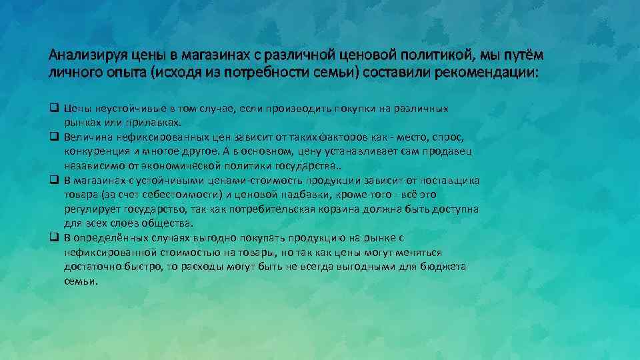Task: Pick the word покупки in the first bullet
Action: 345,108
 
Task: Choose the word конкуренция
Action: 99,151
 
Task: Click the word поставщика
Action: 449,180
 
